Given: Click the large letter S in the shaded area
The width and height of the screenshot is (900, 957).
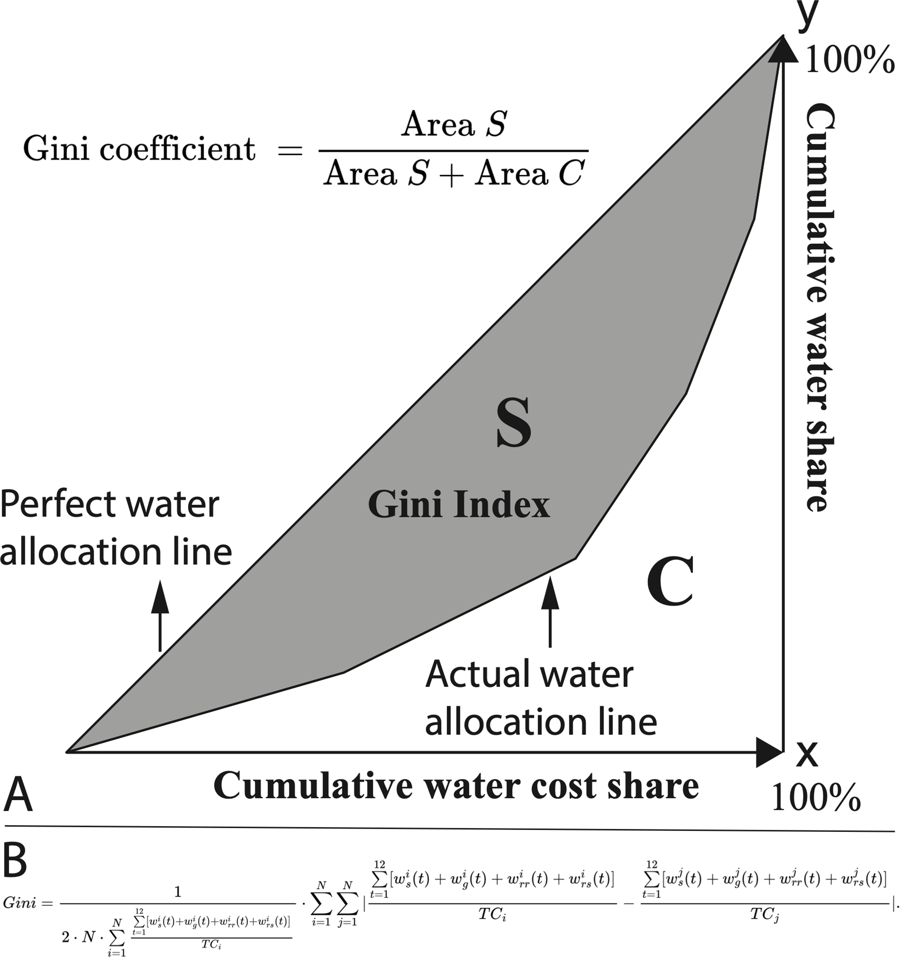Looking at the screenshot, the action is (514, 422).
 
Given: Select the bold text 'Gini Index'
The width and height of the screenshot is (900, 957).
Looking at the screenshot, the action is (459, 505).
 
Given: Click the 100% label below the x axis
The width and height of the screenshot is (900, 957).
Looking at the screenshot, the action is (816, 798).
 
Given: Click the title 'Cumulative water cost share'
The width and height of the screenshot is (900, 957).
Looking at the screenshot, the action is (456, 785).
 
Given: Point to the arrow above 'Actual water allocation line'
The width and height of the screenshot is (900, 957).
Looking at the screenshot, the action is (550, 611).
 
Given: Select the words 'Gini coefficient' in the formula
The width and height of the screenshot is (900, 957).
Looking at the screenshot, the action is (139, 149).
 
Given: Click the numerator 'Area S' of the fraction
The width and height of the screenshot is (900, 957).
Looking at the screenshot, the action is (454, 124).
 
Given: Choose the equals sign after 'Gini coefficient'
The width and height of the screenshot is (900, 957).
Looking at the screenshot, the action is (290, 151).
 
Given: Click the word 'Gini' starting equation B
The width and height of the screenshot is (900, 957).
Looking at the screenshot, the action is (20, 903).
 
